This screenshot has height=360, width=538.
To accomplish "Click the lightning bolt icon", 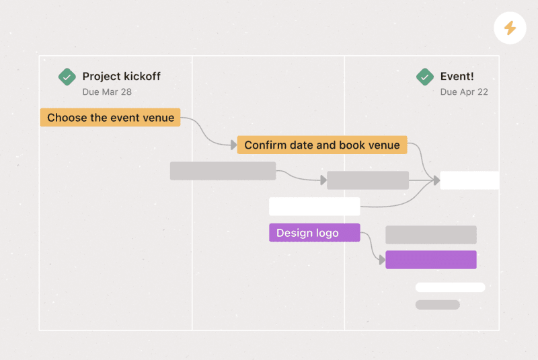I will pos(510,28).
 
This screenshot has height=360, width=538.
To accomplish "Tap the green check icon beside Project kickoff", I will pos(67,77).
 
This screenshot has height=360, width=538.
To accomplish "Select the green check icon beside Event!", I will pos(424,77).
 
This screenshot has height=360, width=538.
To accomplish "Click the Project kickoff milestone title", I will pos(121,77).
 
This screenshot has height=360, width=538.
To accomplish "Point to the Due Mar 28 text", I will pos(108,92).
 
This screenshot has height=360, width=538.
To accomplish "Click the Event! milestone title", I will pos(457,77).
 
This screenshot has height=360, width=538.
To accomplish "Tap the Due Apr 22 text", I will pos(464,92).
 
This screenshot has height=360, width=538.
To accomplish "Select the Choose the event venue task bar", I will pos(110,118).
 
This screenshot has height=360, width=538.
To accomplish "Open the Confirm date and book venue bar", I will pos(321,145).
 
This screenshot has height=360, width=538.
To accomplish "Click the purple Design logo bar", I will pos(314,233).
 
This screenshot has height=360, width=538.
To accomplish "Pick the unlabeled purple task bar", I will pos(430,260).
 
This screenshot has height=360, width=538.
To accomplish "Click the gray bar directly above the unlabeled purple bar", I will pos(430,235).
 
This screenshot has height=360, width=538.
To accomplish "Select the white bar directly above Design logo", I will pos(314,207).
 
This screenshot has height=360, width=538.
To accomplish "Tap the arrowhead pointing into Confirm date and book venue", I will pos(233,145).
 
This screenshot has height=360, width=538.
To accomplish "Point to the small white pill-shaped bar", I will pos(450,287).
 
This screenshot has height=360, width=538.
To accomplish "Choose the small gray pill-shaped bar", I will pos(437,305).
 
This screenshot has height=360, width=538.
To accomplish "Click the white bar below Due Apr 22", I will pos(469,180).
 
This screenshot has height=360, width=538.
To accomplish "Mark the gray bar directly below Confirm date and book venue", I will pos(368,180).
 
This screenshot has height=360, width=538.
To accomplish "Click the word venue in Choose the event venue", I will pos(159,118).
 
